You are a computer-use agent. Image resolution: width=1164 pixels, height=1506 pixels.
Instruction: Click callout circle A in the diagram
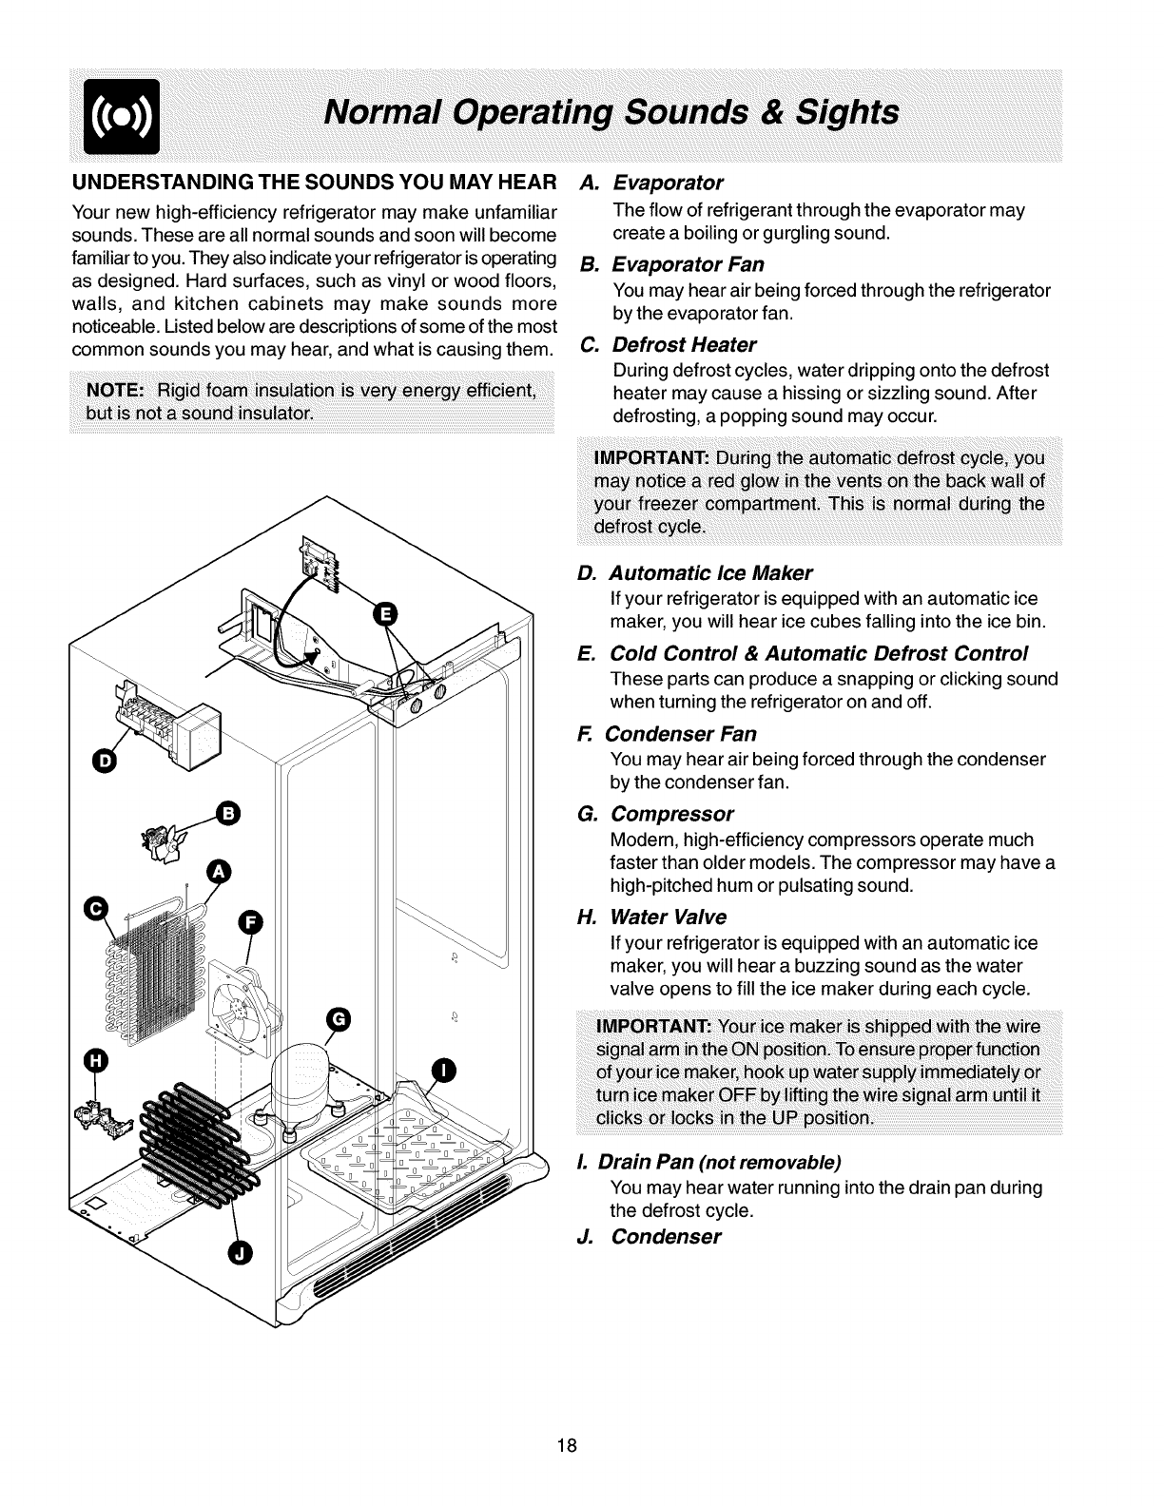click(220, 871)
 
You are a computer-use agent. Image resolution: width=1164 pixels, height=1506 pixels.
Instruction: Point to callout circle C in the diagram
click(97, 908)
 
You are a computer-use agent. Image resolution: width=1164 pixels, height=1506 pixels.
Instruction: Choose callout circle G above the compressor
click(339, 1020)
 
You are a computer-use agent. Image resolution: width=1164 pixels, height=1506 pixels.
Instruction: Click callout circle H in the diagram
click(96, 1060)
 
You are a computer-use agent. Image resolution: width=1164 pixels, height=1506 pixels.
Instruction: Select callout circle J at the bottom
click(240, 1255)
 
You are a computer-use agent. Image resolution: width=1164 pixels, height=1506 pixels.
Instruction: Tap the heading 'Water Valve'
click(667, 917)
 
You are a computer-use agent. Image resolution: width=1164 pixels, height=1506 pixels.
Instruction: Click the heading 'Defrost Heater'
click(684, 344)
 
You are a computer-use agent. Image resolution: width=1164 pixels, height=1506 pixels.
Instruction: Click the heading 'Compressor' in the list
click(671, 815)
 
